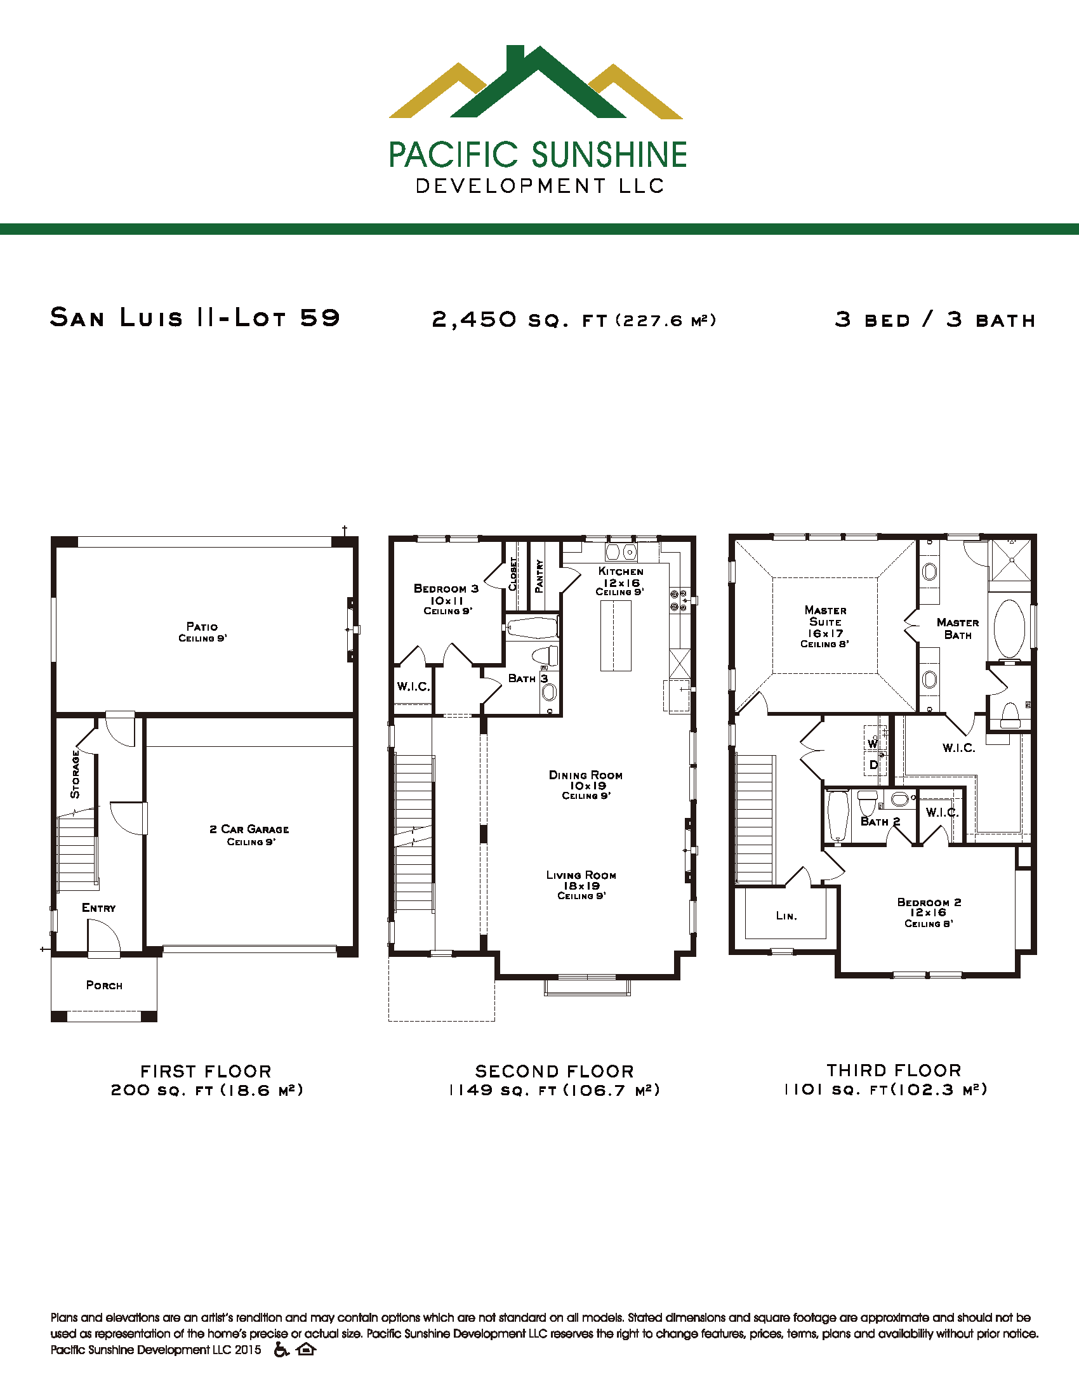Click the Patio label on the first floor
pyautogui.click(x=202, y=626)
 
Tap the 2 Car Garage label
pyautogui.click(x=249, y=829)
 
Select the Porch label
pyautogui.click(x=104, y=985)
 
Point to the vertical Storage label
pyautogui.click(x=76, y=774)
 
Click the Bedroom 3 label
pyautogui.click(x=446, y=588)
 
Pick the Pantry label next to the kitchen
pyautogui.click(x=539, y=576)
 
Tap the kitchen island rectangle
pyautogui.click(x=616, y=635)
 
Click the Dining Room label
pyautogui.click(x=586, y=775)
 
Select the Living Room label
pyautogui.click(x=581, y=875)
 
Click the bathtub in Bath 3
pyautogui.click(x=533, y=628)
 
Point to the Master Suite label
pyautogui.click(x=825, y=616)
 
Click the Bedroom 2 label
pyautogui.click(x=929, y=902)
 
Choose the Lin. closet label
pyautogui.click(x=786, y=916)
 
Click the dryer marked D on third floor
pyautogui.click(x=874, y=765)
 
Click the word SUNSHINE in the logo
pyautogui.click(x=609, y=155)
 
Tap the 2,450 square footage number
pyautogui.click(x=473, y=319)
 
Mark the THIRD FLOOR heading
pyautogui.click(x=894, y=1070)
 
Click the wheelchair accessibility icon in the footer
pyautogui.click(x=281, y=1349)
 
